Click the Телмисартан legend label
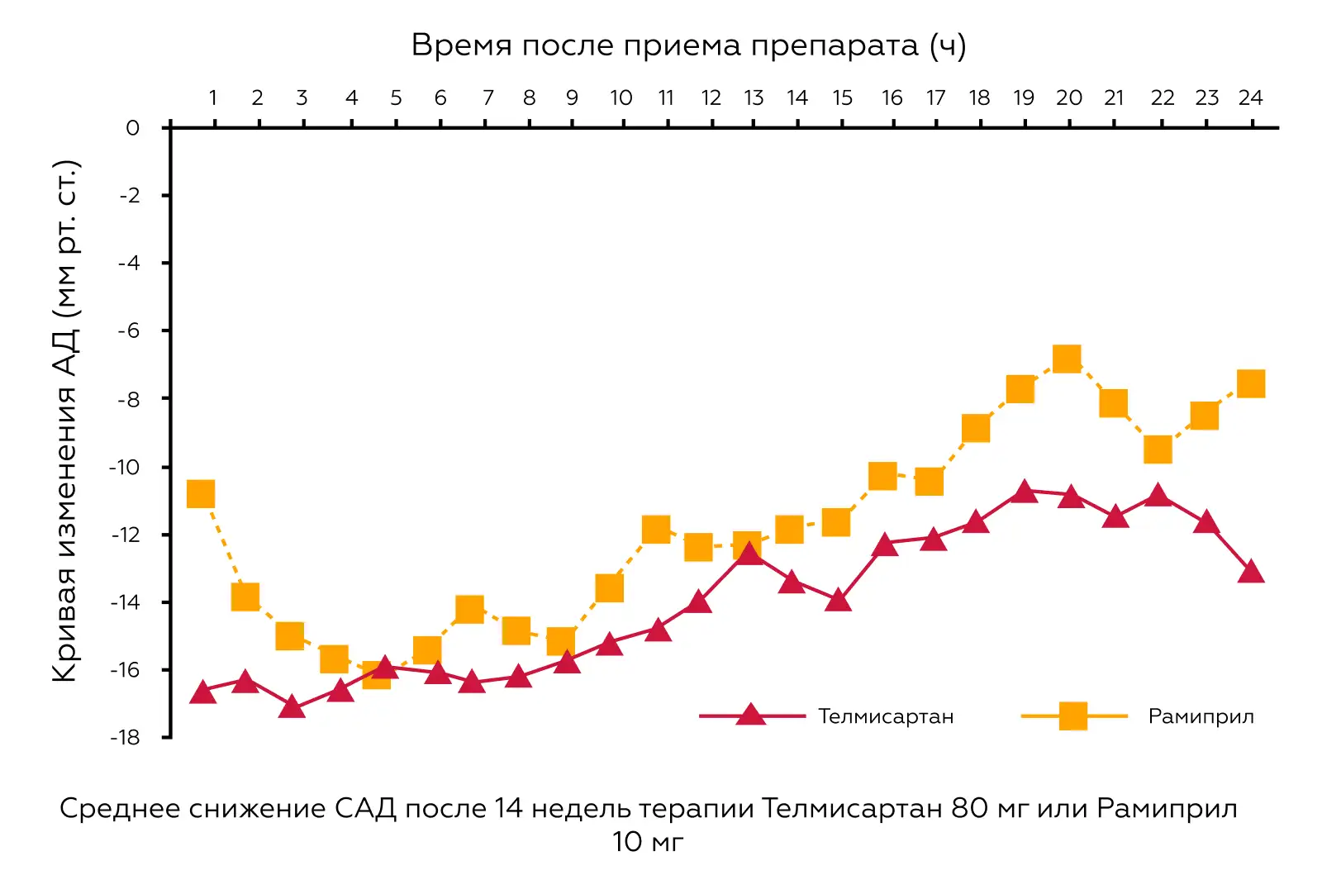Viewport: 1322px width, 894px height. (x=886, y=716)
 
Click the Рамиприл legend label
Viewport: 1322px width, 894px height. (x=1201, y=716)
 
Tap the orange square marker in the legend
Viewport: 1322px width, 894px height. (x=1072, y=716)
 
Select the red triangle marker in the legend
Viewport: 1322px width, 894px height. (x=750, y=715)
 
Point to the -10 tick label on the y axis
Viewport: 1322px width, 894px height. (x=125, y=467)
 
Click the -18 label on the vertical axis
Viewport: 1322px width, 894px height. (x=125, y=737)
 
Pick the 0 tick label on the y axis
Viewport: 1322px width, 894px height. (x=132, y=128)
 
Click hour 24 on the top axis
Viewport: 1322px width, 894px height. (x=1250, y=98)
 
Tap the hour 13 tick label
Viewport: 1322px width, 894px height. (x=753, y=98)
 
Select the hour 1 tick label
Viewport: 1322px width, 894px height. (x=212, y=98)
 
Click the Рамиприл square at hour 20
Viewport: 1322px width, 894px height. (x=1067, y=359)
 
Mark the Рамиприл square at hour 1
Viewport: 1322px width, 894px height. (x=201, y=494)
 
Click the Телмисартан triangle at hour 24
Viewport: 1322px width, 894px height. (x=1251, y=572)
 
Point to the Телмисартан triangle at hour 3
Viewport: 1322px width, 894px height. (x=292, y=707)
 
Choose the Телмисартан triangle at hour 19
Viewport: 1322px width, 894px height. (x=1024, y=492)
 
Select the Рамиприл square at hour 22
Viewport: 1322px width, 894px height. (x=1158, y=450)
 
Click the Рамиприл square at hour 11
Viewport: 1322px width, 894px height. (x=655, y=530)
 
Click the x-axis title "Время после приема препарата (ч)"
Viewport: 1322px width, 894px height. (x=688, y=45)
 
